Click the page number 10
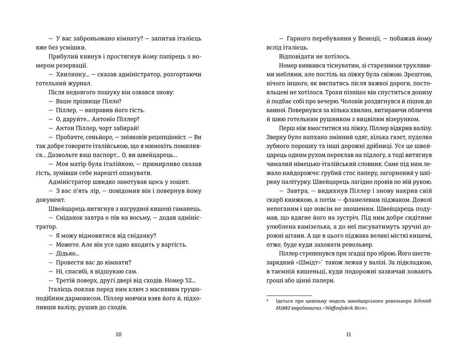119,334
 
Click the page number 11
349,334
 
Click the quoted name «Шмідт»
306,263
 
